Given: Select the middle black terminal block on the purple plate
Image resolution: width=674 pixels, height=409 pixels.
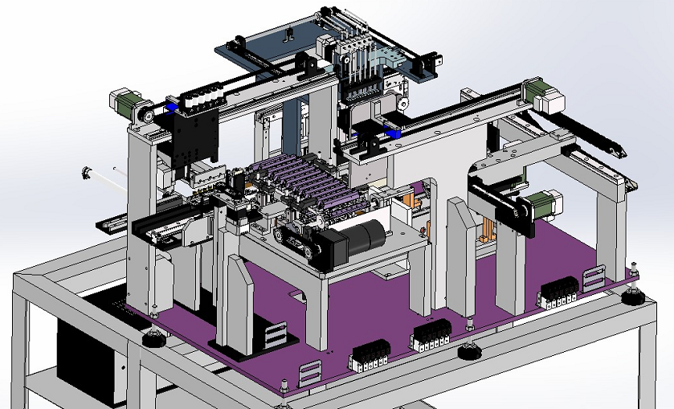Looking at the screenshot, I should click(430, 335).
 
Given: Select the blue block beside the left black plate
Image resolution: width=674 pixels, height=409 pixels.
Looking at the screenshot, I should click(171, 108).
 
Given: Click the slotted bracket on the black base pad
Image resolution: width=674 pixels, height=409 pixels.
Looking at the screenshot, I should click(274, 335).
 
